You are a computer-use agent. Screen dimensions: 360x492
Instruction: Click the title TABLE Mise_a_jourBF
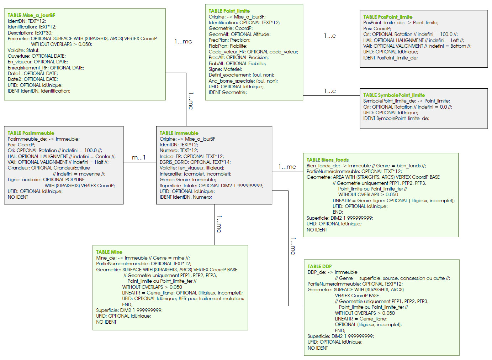(31, 15)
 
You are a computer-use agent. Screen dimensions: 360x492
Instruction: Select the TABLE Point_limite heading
(229, 11)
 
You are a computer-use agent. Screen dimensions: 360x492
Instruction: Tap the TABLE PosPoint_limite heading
(387, 17)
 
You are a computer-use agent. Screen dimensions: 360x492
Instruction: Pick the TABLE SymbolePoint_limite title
(394, 95)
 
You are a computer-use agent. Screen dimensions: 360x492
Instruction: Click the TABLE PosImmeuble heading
(31, 133)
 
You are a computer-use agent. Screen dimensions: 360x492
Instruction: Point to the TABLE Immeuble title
(179, 133)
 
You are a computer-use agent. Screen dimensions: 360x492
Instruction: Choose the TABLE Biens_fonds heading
(327, 160)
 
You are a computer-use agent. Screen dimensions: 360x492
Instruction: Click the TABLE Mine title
(109, 252)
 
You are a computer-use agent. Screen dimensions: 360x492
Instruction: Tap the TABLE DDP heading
(319, 266)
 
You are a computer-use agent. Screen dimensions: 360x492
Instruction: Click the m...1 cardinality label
(139, 157)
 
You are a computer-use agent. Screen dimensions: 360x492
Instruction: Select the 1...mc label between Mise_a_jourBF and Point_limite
(183, 42)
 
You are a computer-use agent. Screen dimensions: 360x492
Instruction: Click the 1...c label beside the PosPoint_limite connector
(330, 36)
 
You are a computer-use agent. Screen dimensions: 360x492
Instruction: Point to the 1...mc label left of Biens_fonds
(287, 167)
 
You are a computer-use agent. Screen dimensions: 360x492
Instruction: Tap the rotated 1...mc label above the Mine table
(219, 224)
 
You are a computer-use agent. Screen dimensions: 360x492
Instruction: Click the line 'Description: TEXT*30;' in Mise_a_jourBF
(30, 33)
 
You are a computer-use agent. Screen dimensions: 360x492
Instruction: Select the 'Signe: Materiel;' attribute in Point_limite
(225, 69)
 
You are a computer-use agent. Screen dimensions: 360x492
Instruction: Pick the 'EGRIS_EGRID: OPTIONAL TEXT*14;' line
(195, 162)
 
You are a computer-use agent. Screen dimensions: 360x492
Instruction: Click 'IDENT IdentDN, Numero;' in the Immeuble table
(186, 197)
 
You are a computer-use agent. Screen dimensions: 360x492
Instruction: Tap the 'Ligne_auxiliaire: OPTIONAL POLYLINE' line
(46, 179)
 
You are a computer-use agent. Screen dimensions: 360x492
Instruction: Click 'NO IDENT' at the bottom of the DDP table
(318, 348)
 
